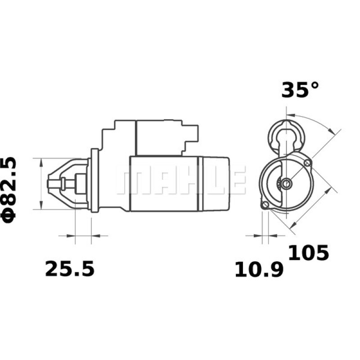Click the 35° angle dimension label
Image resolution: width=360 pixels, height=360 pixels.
click(300, 90)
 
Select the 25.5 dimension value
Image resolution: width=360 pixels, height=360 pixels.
click(70, 269)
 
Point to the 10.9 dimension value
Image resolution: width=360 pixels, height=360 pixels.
click(259, 270)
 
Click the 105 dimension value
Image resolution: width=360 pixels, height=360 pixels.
click(308, 253)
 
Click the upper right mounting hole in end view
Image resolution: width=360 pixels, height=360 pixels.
click(308, 162)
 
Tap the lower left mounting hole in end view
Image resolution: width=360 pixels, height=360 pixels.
click(265, 205)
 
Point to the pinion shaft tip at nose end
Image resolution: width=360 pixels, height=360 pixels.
click(50, 183)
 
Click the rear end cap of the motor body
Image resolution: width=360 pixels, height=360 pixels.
click(215, 184)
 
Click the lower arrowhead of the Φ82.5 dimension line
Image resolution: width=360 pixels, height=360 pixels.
click(40, 207)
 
